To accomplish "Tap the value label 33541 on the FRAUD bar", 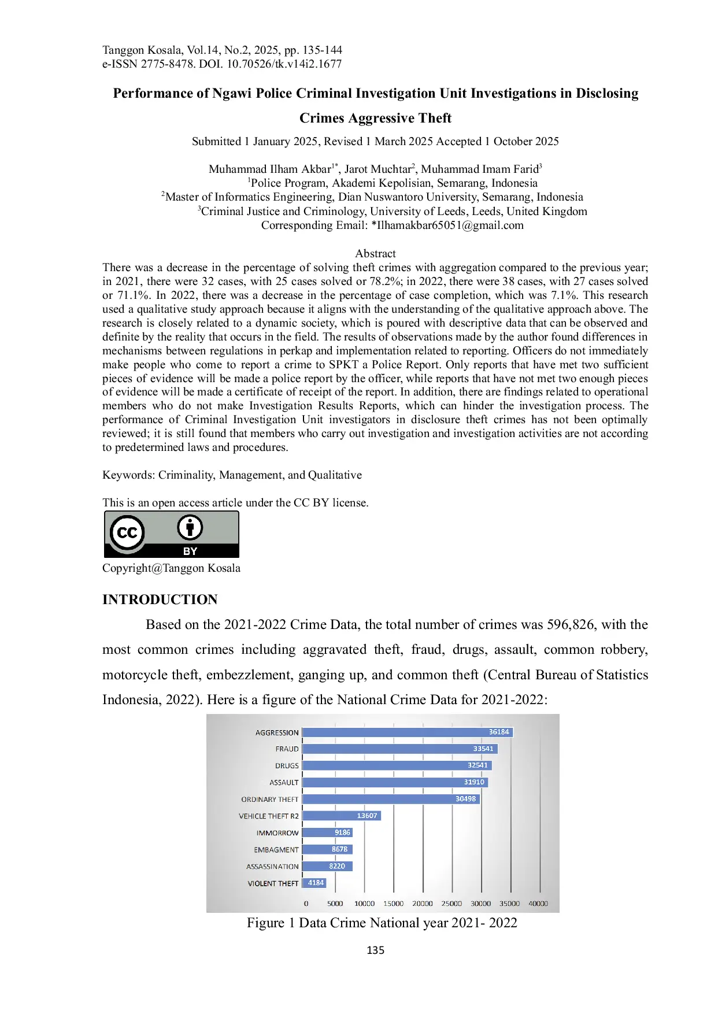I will pyautogui.click(x=483, y=749).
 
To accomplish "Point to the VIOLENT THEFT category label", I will pyautogui.click(x=273, y=883).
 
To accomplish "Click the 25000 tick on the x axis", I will pyautogui.click(x=451, y=904).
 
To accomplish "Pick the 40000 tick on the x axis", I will pyautogui.click(x=538, y=904).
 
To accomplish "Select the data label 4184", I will pyautogui.click(x=316, y=883).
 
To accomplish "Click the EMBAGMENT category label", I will pyautogui.click(x=276, y=850).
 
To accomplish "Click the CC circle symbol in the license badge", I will pyautogui.click(x=127, y=532).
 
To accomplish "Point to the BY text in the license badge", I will pyautogui.click(x=190, y=551).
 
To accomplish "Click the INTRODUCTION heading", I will pyautogui.click(x=160, y=599).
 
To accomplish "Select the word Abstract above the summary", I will pyautogui.click(x=375, y=253).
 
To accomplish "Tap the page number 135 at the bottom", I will pyautogui.click(x=375, y=950).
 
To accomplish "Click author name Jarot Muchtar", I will pyautogui.click(x=378, y=169).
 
